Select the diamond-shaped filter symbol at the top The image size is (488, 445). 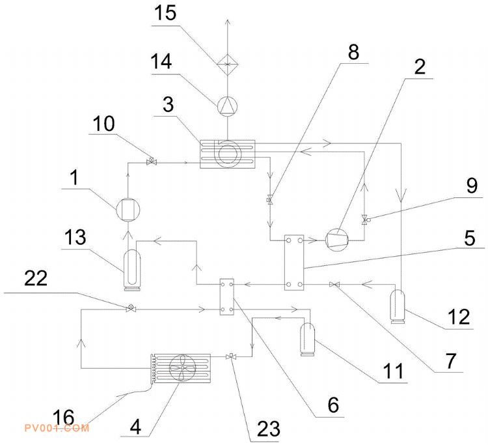click(226, 63)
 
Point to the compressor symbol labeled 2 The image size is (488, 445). click(336, 239)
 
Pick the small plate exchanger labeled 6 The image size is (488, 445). click(227, 297)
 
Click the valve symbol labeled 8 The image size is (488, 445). click(270, 201)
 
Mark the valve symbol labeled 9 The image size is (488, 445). click(365, 218)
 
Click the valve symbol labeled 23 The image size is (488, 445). click(230, 356)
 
